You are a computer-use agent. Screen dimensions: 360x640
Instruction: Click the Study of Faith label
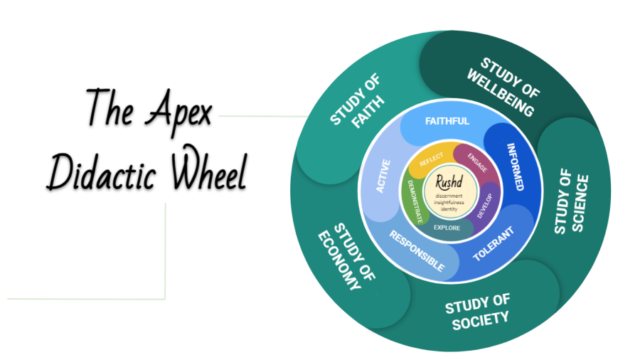pos(357,110)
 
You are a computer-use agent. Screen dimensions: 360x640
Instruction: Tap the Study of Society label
pos(477,312)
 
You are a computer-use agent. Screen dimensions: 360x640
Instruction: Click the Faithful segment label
pos(447,121)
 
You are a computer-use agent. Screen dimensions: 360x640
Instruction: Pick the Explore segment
pos(447,228)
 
